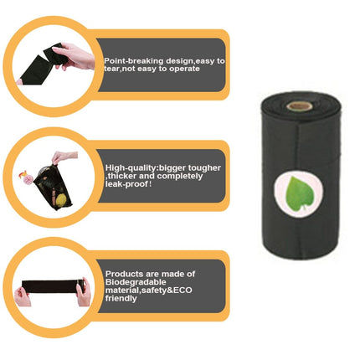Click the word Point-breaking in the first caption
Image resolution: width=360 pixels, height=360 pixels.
(x=129, y=61)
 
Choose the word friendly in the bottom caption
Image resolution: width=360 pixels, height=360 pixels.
(x=121, y=299)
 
